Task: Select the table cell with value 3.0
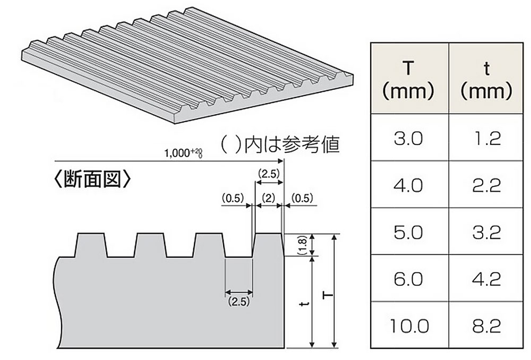pyautogui.click(x=408, y=139)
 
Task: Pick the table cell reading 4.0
pyautogui.click(x=408, y=186)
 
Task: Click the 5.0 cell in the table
pyautogui.click(x=408, y=233)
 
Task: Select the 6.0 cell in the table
pyautogui.click(x=408, y=279)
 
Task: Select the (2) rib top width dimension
pyautogui.click(x=268, y=199)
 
